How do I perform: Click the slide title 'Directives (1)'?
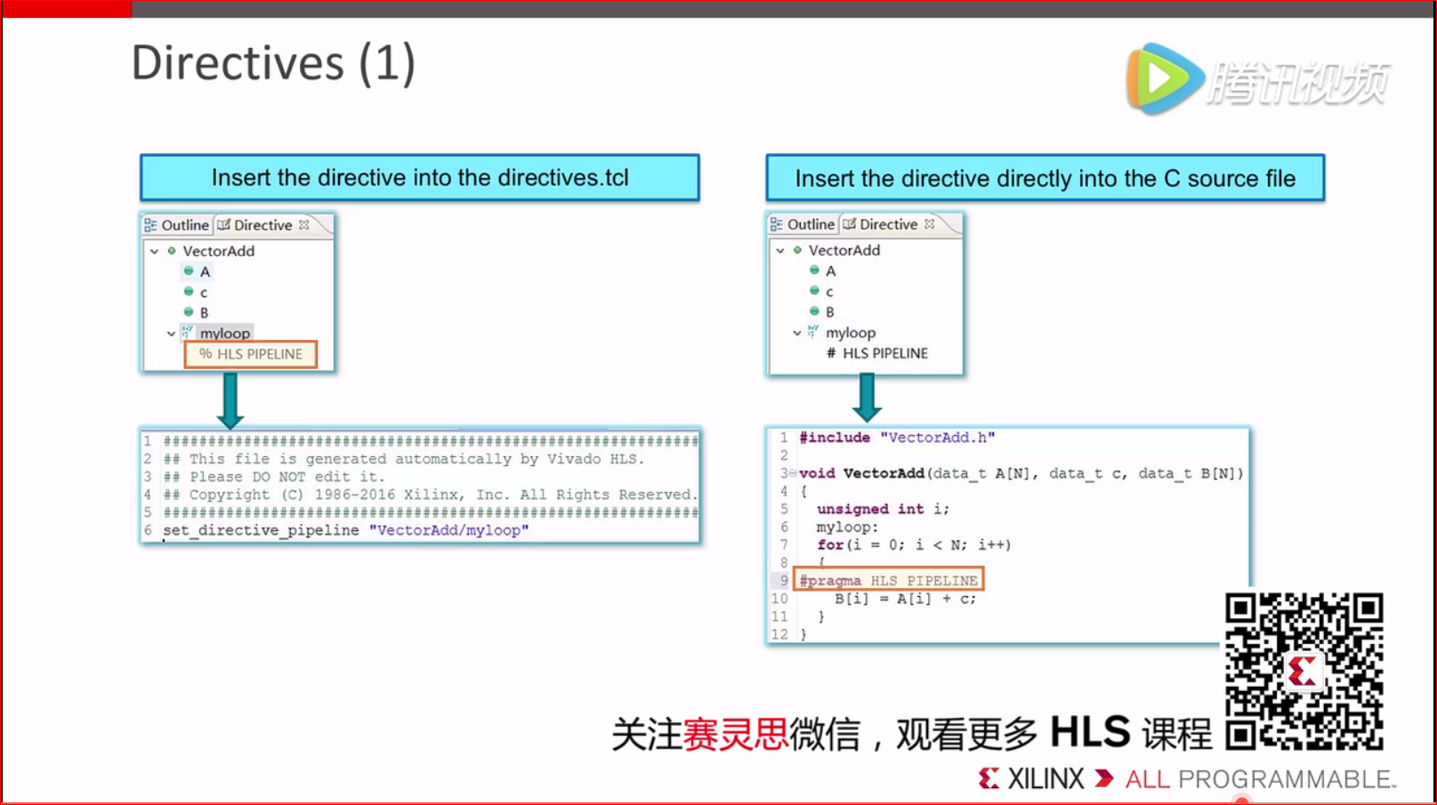(273, 64)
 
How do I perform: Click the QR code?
(1304, 672)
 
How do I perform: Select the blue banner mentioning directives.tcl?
(419, 178)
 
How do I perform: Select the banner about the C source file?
(1045, 179)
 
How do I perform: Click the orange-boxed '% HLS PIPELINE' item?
(251, 354)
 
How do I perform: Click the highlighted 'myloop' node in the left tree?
(225, 333)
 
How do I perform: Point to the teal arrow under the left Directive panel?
(230, 400)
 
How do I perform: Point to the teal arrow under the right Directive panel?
(867, 398)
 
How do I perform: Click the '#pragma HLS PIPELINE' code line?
(888, 581)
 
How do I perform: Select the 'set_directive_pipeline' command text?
(261, 530)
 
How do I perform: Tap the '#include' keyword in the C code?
(834, 438)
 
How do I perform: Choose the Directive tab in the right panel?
(887, 224)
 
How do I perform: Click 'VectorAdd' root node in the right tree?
(844, 250)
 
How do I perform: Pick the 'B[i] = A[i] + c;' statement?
(905, 599)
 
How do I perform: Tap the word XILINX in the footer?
(1045, 779)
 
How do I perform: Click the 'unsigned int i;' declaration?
(883, 509)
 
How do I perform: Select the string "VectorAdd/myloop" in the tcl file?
(449, 530)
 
